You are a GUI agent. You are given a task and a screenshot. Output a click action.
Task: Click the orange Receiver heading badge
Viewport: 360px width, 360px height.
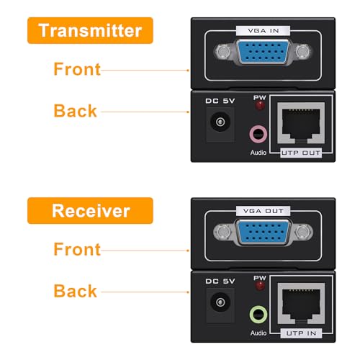coord(91,211)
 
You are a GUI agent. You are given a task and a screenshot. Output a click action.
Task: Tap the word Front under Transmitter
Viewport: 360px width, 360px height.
coord(76,69)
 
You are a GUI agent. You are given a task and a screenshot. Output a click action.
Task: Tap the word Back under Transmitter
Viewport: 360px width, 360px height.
coord(75,111)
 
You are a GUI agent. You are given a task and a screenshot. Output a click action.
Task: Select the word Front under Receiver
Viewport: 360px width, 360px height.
coord(76,249)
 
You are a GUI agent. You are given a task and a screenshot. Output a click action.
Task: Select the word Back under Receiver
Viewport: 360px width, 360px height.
coord(75,291)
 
